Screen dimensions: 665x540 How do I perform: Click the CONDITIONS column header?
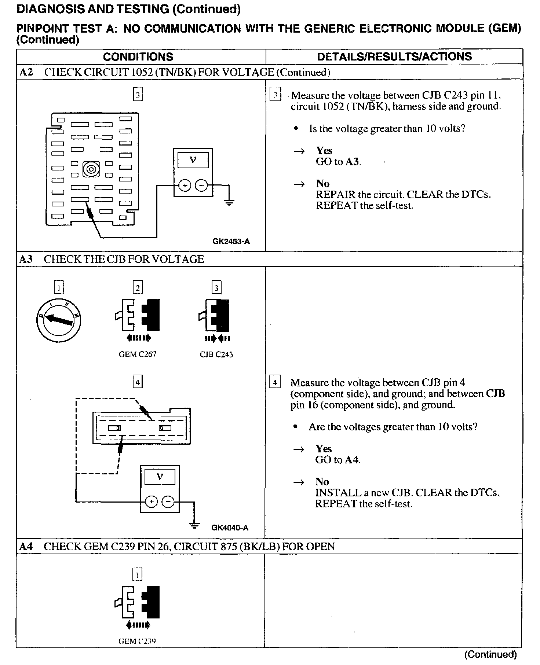tap(138, 57)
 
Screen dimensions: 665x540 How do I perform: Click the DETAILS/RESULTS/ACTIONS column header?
tap(394, 56)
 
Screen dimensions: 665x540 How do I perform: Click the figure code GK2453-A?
tap(231, 241)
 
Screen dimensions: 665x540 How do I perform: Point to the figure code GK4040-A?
tap(230, 528)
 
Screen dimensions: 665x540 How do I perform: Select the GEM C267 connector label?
tap(138, 354)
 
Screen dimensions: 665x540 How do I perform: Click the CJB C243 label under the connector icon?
tap(216, 354)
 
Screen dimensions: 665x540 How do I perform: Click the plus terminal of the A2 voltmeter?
tap(185, 186)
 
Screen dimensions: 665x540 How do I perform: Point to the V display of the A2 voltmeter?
tap(193, 160)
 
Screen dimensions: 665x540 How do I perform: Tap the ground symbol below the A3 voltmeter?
tap(195, 525)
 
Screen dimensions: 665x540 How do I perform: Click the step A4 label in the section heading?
tap(26, 547)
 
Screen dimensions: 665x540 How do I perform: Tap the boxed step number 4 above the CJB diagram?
tap(137, 382)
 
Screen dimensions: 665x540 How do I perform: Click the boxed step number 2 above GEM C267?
tap(138, 288)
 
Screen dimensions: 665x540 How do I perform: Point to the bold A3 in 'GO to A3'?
tap(352, 162)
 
